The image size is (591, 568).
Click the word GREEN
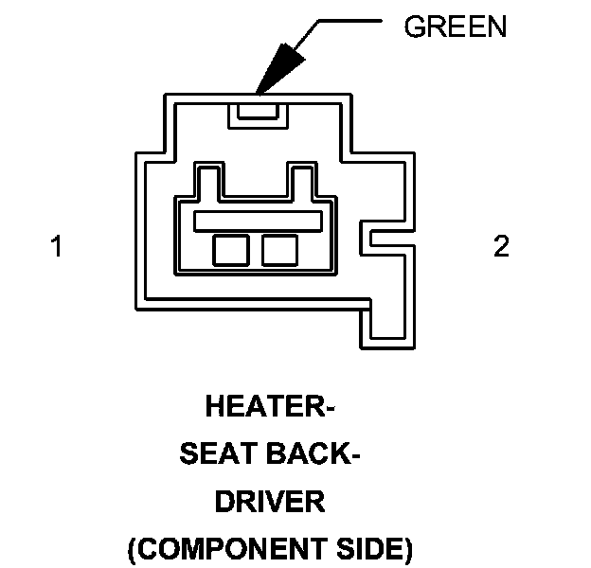455,27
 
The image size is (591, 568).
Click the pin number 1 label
57,247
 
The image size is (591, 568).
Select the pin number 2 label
501,247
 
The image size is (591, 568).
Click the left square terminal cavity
230,249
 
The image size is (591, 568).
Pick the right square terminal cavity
279,249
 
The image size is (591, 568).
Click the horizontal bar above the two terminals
257,221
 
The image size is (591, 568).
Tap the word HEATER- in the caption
271,408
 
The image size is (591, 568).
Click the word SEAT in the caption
218,455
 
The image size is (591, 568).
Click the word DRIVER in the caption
270,502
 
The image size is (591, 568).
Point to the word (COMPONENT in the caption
214,549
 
